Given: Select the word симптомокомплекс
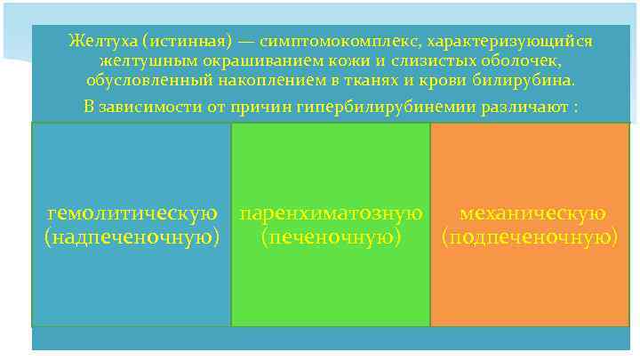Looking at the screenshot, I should [x=324, y=42].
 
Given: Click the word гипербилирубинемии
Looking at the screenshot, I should [x=395, y=107].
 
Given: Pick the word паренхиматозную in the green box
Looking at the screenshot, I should [x=331, y=214].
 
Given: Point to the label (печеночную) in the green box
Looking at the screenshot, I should [x=331, y=237].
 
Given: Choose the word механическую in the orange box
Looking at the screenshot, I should [x=532, y=214].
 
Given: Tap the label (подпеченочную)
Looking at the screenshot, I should [x=530, y=237].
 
